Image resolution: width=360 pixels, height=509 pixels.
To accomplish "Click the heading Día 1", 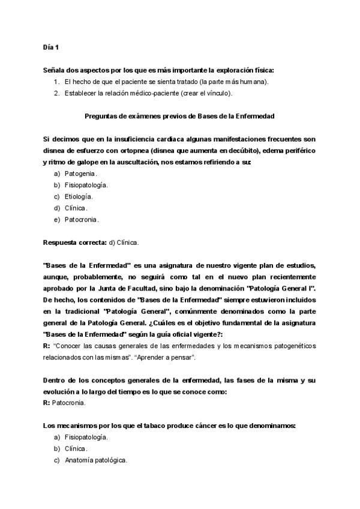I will [51, 47].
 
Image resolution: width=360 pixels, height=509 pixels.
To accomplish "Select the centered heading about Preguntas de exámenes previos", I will [179, 116].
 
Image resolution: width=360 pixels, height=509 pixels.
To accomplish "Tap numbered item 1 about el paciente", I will [166, 82].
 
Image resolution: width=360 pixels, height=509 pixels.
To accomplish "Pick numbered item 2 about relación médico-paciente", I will [148, 93].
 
